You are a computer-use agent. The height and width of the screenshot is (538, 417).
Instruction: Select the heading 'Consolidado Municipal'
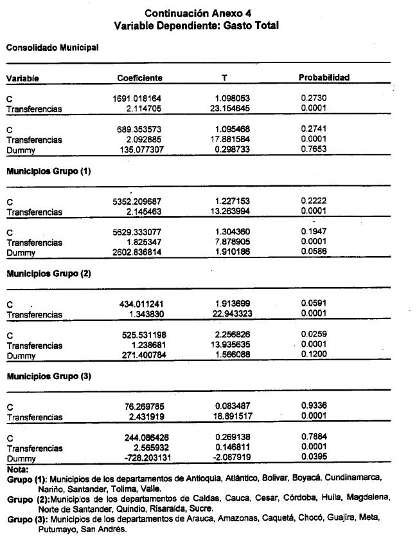click(x=52, y=47)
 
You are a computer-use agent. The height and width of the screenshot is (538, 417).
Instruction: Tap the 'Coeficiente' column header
click(x=139, y=78)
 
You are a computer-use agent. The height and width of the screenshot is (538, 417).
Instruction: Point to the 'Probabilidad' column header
click(x=323, y=78)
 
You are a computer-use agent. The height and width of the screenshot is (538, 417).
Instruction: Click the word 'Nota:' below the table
click(x=17, y=469)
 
